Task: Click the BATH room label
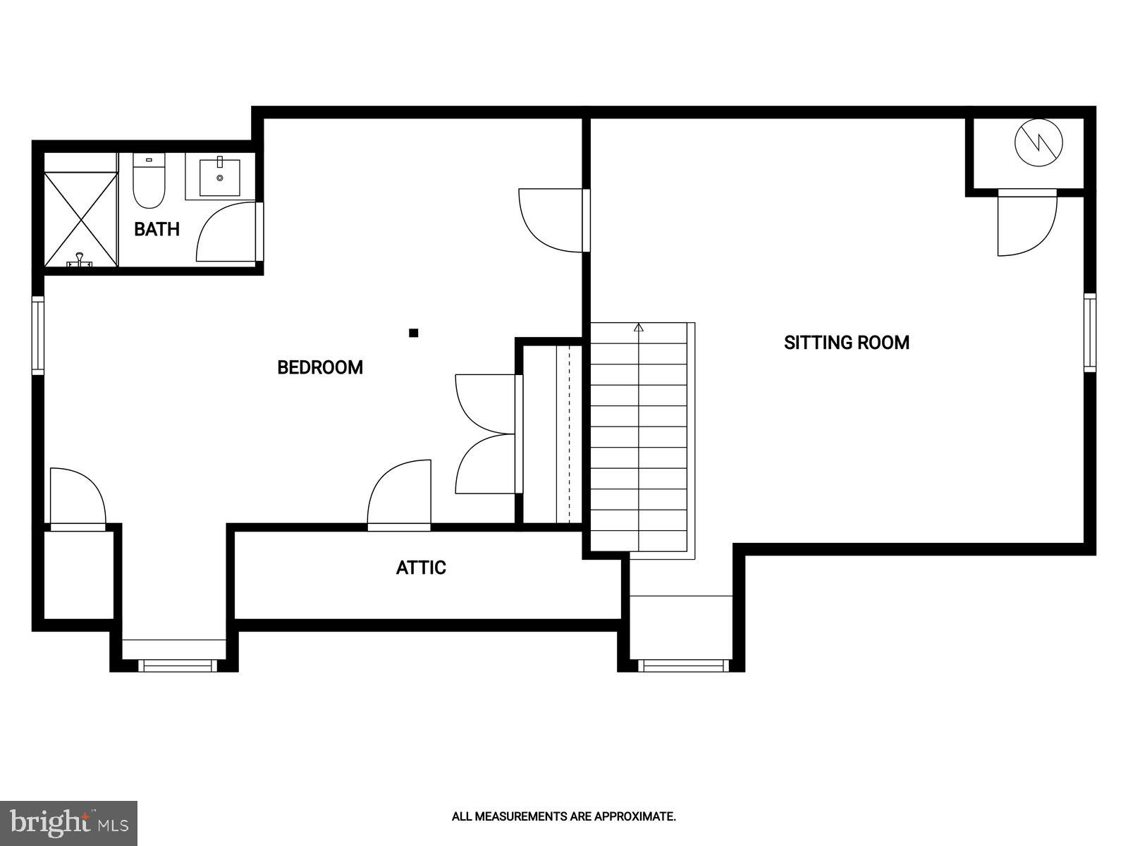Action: pyautogui.click(x=157, y=229)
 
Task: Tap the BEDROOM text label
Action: pyautogui.click(x=320, y=367)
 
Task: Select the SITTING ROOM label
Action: pyautogui.click(x=847, y=343)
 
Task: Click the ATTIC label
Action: pyautogui.click(x=421, y=568)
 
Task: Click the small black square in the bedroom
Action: pyautogui.click(x=414, y=333)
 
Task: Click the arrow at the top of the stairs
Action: pyautogui.click(x=639, y=327)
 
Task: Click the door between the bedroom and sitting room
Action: pyautogui.click(x=551, y=219)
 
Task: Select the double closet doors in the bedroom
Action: pyautogui.click(x=486, y=434)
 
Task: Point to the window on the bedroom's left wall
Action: pyautogui.click(x=37, y=334)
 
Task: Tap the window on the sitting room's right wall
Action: pyautogui.click(x=1090, y=333)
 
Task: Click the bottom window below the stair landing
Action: pyautogui.click(x=682, y=665)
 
